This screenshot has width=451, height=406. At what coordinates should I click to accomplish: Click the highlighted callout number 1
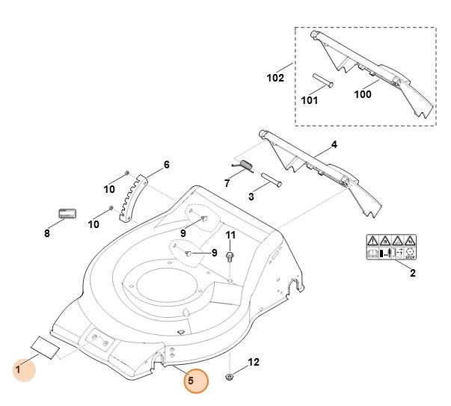[18, 369]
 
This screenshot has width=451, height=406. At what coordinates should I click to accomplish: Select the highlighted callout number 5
[191, 381]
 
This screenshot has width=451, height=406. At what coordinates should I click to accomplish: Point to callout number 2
[412, 274]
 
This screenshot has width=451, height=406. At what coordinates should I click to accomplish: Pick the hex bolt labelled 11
[230, 257]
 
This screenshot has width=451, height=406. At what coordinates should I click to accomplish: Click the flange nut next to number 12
[230, 376]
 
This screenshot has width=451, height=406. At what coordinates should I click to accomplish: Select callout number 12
[254, 363]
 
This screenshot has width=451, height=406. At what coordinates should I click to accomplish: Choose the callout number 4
[334, 144]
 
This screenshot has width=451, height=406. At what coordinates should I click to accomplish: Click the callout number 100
[362, 94]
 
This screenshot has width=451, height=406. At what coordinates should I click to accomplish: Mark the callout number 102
[275, 78]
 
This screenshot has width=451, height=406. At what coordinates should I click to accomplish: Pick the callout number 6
[166, 164]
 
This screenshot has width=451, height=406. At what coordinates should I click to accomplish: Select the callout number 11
[230, 236]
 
